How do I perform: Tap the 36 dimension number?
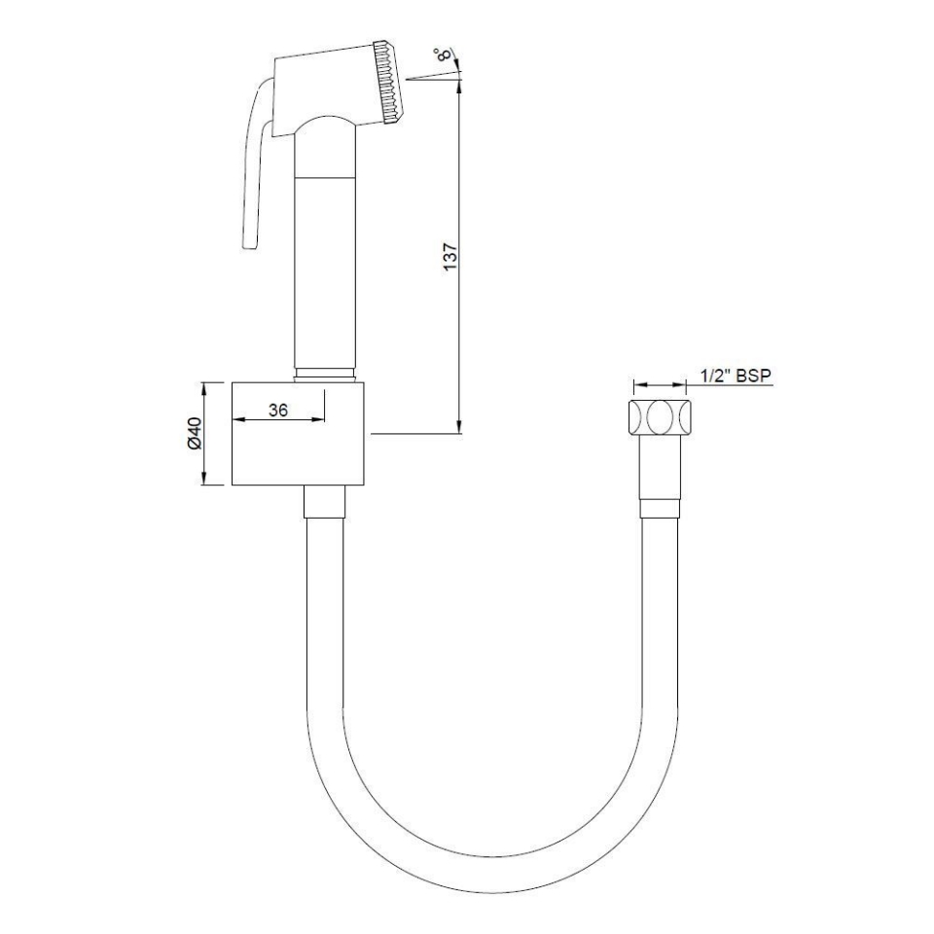[x=278, y=411]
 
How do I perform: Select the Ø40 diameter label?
[x=194, y=433]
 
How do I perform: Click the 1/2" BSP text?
[x=736, y=376]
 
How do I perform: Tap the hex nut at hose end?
[x=660, y=417]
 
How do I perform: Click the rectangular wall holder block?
[x=300, y=435]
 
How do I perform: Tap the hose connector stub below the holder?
[x=324, y=505]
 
